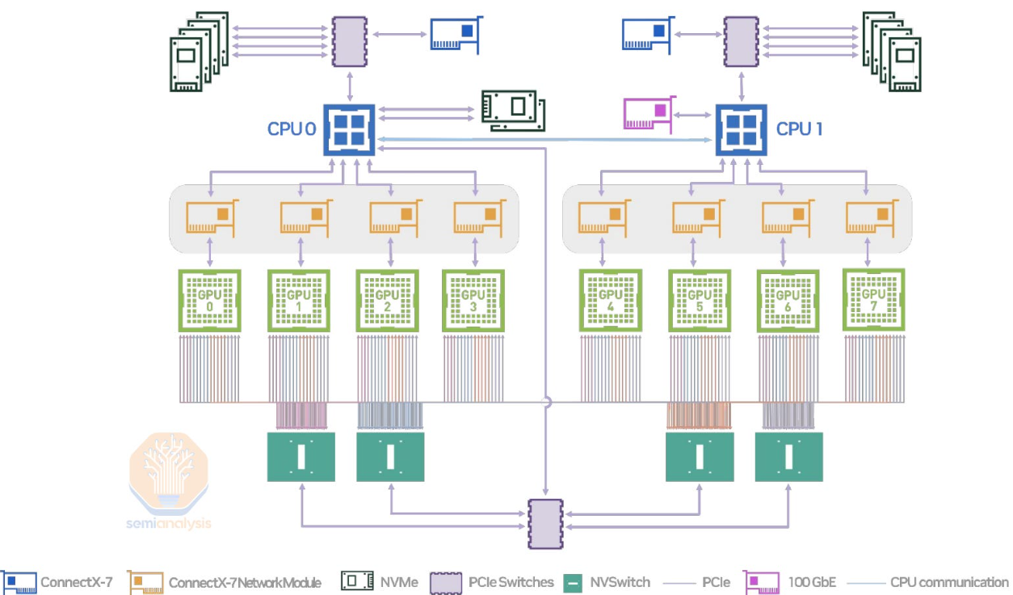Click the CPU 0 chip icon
tap(348, 130)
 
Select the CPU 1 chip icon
tap(740, 130)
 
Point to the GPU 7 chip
tap(873, 299)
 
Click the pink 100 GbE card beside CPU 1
tap(648, 114)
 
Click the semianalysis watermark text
tap(169, 523)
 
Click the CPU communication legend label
tap(949, 582)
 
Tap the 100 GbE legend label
tap(813, 582)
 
